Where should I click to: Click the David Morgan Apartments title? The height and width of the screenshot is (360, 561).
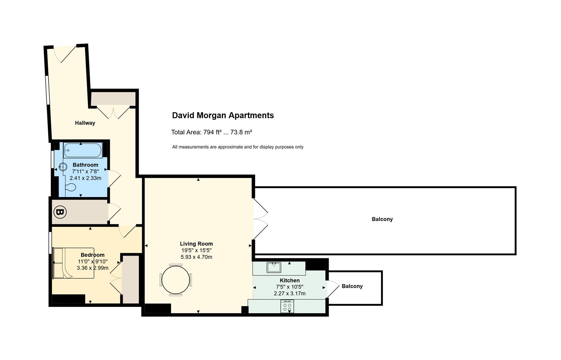223,115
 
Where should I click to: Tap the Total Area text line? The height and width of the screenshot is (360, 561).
212,132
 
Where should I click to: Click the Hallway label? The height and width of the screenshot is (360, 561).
85,123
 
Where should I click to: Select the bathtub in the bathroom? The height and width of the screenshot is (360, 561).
83,150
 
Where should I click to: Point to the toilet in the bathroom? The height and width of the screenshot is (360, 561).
71,187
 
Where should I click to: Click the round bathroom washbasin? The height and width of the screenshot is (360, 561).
63,167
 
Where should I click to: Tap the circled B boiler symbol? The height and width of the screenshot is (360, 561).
60,212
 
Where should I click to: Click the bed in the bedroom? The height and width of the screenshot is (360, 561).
73,263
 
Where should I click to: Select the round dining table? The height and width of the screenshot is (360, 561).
176,280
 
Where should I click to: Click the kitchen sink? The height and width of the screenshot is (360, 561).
274,268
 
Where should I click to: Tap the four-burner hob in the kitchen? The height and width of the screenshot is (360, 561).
287,306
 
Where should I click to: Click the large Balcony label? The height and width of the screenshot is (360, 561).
382,219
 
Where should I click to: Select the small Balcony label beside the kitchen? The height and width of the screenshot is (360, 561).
352,286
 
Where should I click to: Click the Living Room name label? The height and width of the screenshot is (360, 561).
196,244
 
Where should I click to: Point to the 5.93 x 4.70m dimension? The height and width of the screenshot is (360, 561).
196,257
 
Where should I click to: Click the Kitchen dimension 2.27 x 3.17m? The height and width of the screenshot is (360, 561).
289,294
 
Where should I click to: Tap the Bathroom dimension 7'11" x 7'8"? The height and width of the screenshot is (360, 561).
85,172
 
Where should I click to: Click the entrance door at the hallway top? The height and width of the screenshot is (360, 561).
65,54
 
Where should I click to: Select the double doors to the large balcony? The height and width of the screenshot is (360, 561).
261,219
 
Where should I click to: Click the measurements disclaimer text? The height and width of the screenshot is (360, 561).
238,147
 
